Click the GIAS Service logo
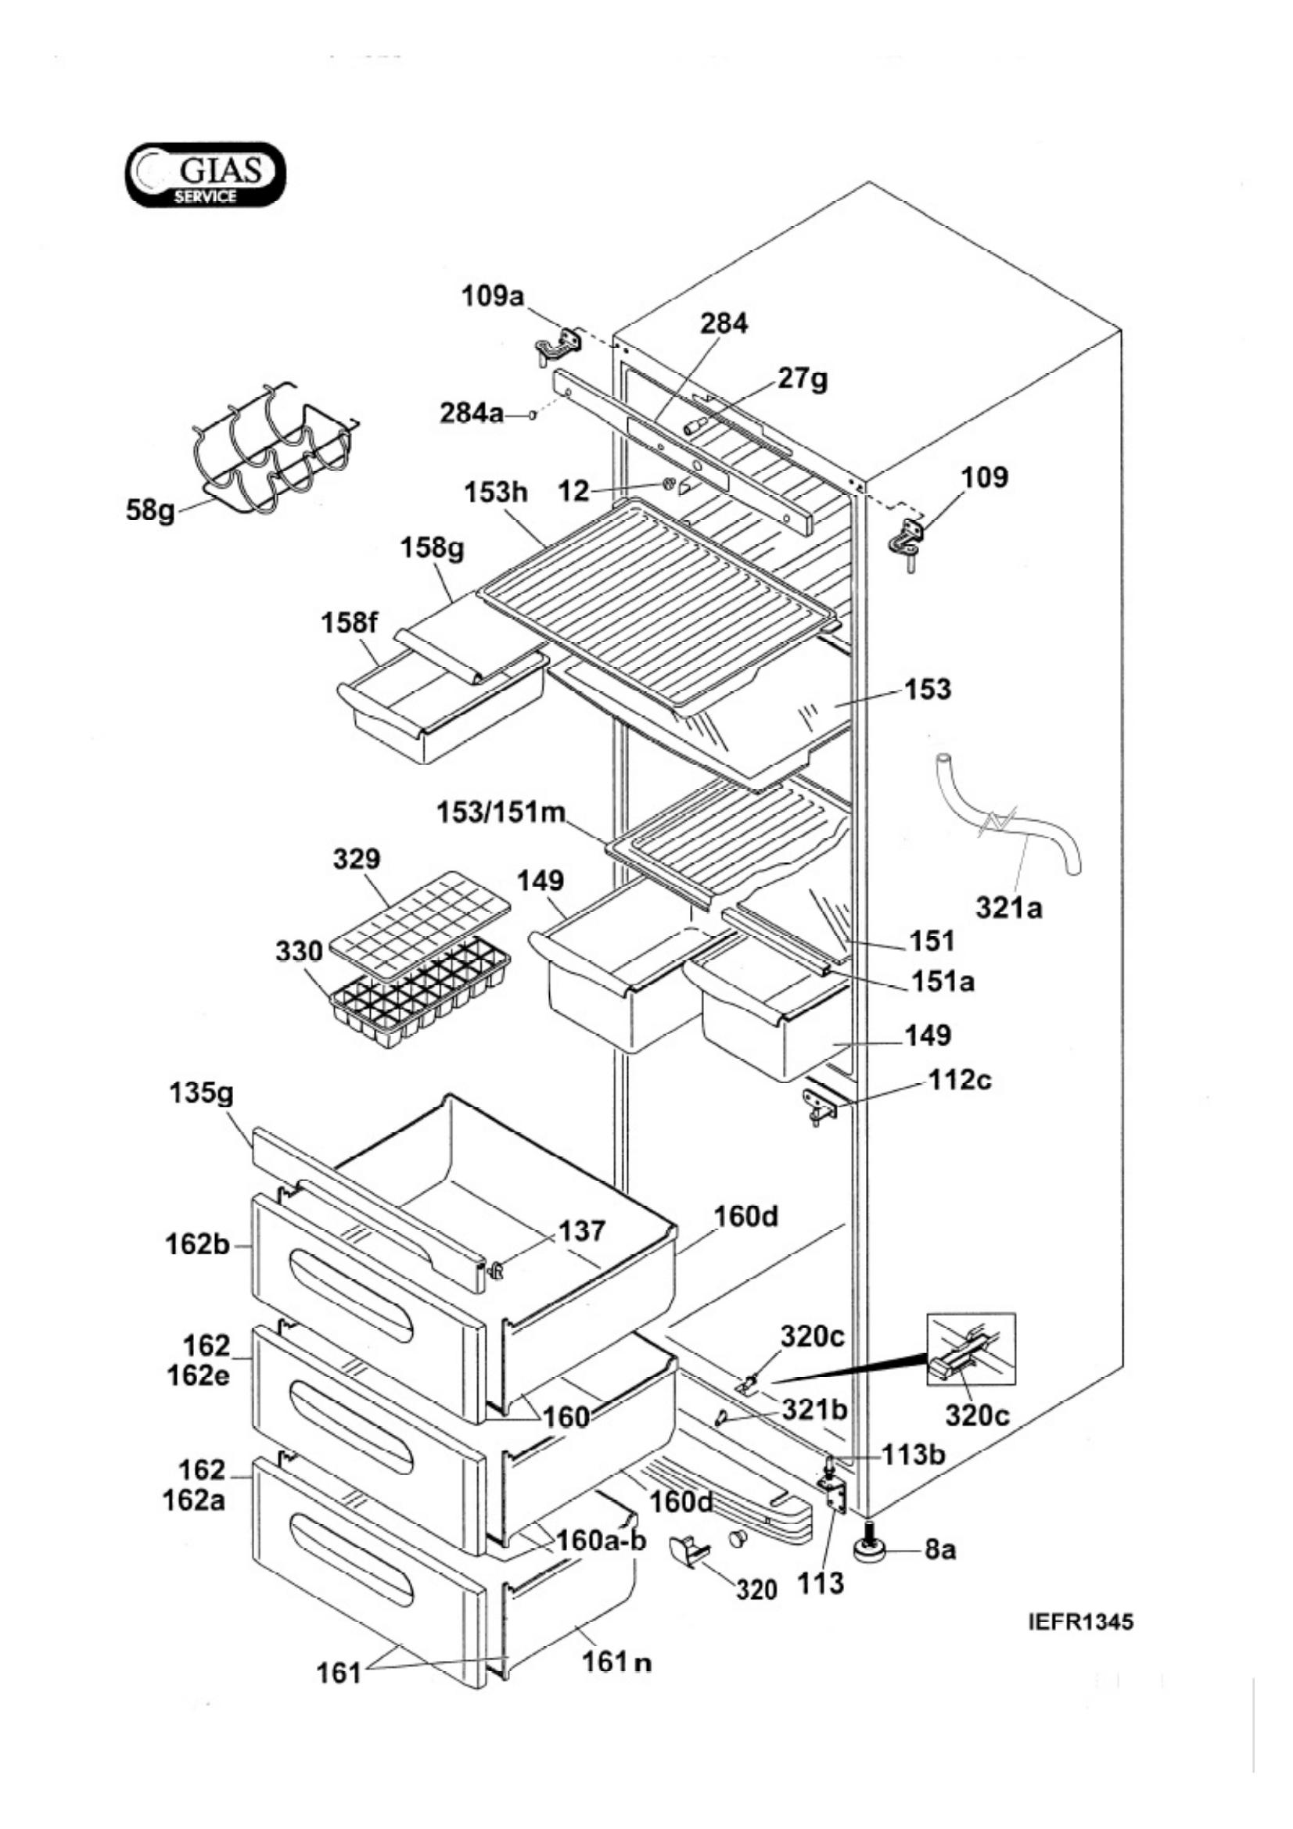tap(205, 175)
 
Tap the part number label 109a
tap(493, 297)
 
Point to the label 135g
tap(202, 1095)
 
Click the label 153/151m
tap(501, 813)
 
